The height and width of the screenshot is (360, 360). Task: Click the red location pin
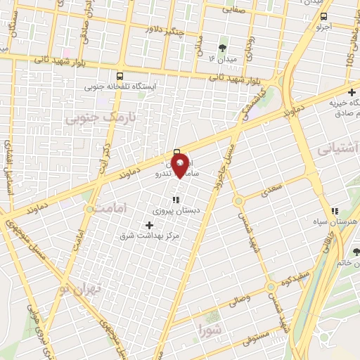tap(180, 165)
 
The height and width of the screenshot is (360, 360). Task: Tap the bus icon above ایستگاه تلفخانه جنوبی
tap(120, 76)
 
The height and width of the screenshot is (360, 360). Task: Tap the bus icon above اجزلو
tap(323, 16)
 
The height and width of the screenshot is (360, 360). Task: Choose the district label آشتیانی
tap(337, 148)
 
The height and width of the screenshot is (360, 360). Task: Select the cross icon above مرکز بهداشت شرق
tap(148, 225)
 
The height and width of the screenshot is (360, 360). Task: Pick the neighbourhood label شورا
tap(210, 328)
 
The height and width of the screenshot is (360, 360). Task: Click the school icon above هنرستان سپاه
tap(335, 210)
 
